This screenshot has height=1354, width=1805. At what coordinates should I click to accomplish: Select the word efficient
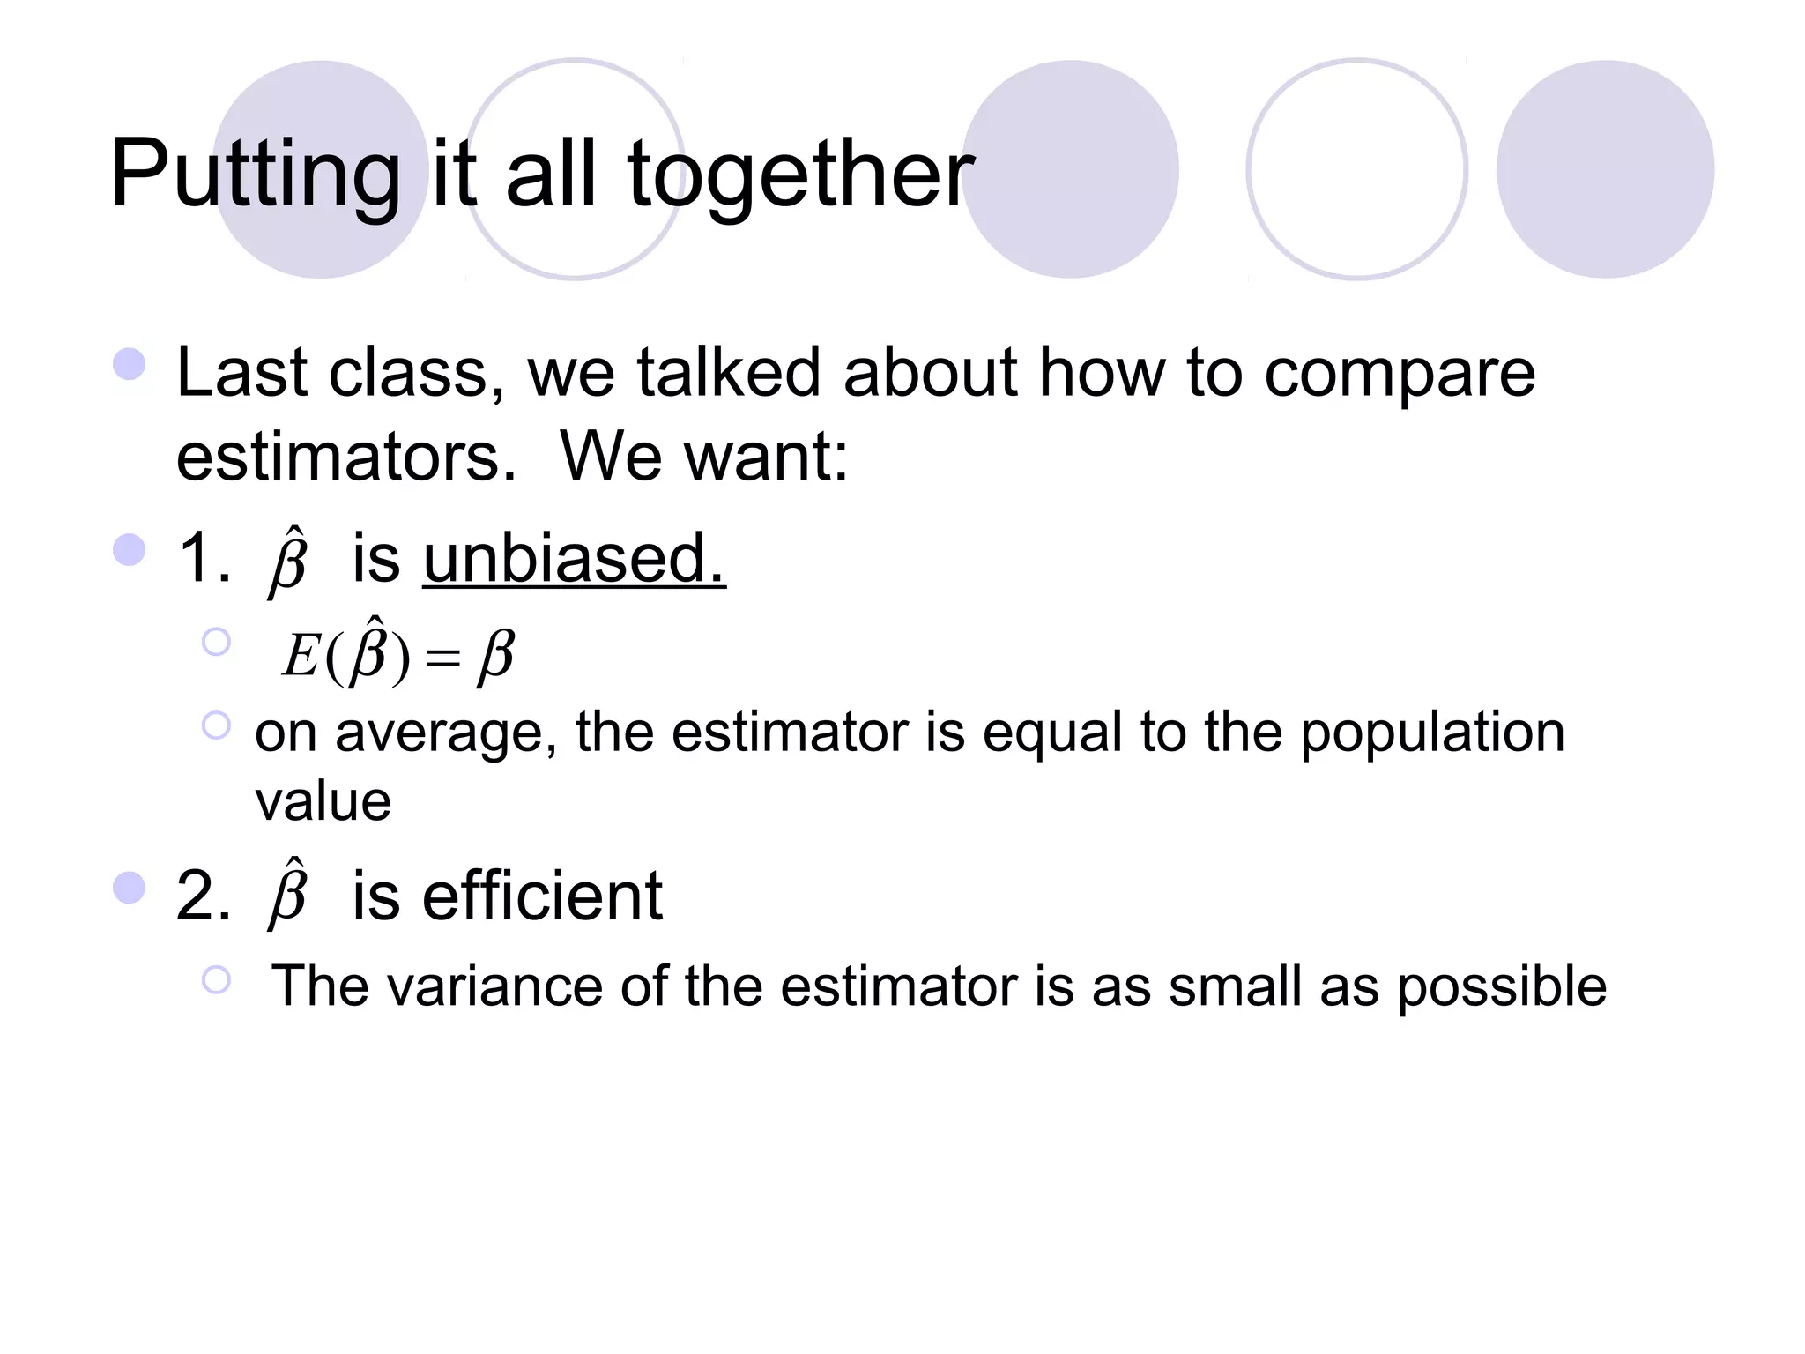click(542, 896)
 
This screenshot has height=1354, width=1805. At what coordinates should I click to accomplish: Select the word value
click(323, 801)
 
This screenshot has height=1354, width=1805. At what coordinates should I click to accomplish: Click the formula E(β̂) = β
click(397, 653)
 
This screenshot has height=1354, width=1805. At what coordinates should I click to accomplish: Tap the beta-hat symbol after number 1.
click(288, 561)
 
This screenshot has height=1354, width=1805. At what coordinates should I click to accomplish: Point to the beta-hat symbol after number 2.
click(288, 894)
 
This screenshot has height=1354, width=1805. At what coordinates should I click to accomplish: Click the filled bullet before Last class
click(130, 364)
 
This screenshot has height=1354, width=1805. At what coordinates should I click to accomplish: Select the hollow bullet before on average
click(216, 725)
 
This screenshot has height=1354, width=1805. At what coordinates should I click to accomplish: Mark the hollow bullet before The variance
click(216, 979)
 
